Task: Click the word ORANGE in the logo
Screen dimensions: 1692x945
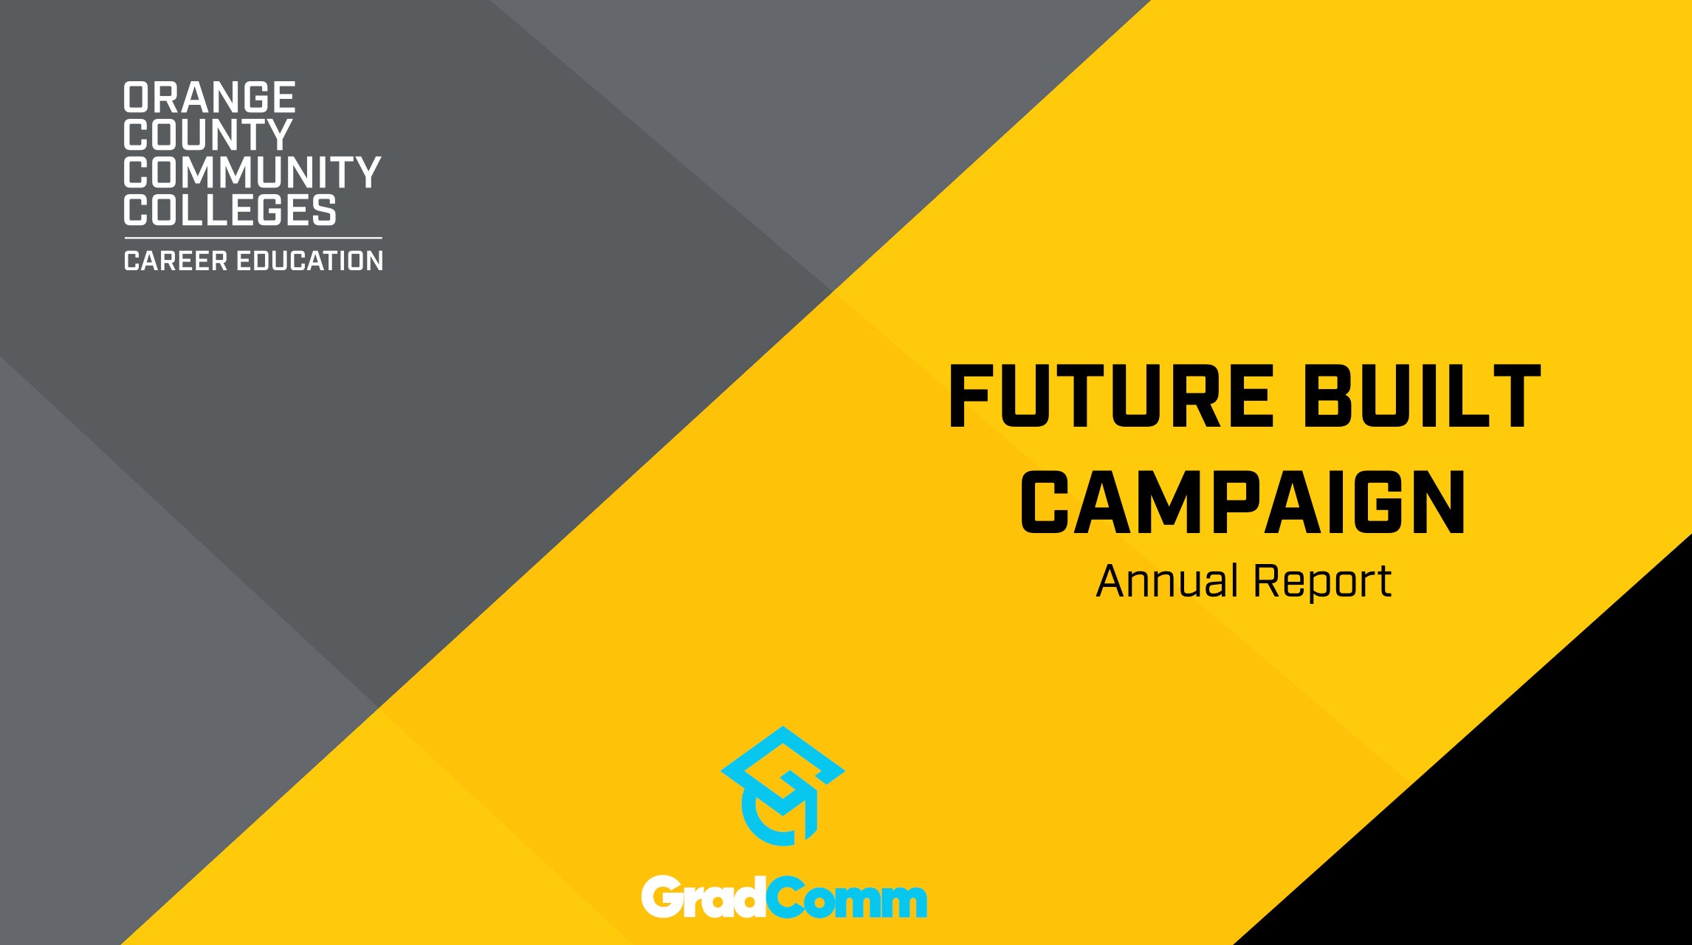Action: [210, 97]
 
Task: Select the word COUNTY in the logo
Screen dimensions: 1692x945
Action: [208, 134]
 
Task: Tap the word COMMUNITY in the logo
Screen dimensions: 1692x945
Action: [252, 172]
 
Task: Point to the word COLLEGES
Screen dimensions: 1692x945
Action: [230, 210]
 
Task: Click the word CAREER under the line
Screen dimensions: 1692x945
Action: [176, 261]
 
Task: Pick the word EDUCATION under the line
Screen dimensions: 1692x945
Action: [309, 261]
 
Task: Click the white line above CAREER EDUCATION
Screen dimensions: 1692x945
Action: [253, 238]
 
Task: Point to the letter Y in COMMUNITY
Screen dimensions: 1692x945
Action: [364, 172]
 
